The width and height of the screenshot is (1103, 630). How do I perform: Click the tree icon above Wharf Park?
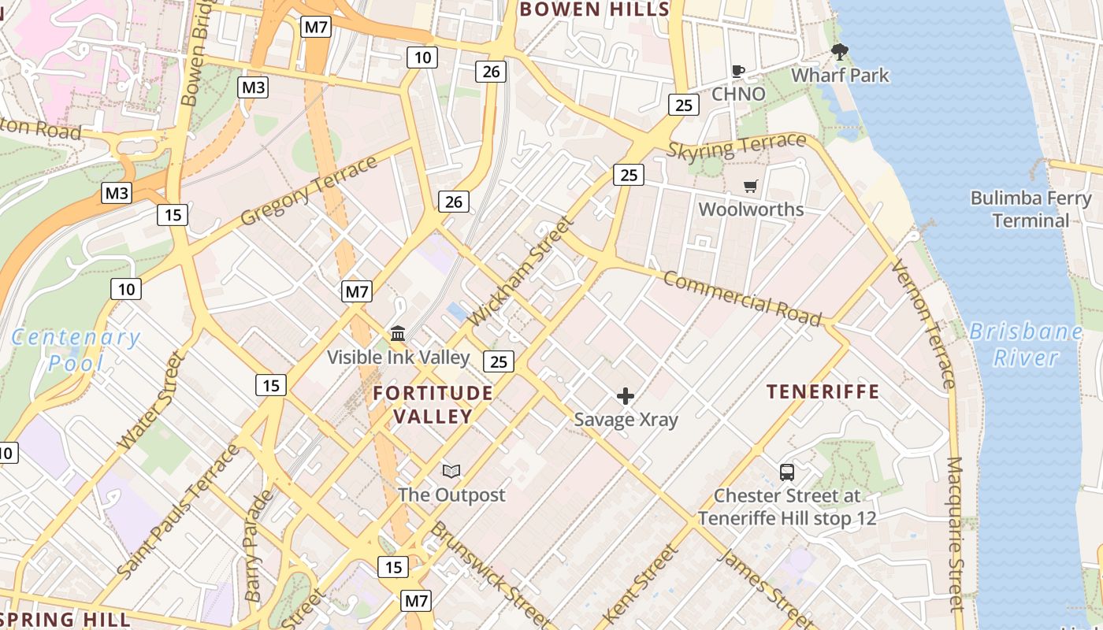point(840,53)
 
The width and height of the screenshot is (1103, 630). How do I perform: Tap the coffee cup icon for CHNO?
point(738,71)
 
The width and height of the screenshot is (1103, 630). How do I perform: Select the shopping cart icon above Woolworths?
point(751,187)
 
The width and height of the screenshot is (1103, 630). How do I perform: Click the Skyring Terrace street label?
point(737,146)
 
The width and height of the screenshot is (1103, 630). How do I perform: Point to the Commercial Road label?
point(741,298)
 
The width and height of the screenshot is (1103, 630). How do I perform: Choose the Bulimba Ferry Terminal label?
point(1031,209)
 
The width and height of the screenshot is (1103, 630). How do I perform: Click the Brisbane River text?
point(1025,344)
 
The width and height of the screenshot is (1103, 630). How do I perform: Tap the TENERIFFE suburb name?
point(823,391)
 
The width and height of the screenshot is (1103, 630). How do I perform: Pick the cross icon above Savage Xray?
point(626,395)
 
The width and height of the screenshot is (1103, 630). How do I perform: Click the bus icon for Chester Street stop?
point(786,472)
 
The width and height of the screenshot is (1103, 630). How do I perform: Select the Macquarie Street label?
point(955,533)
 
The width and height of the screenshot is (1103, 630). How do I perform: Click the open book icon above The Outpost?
point(451,471)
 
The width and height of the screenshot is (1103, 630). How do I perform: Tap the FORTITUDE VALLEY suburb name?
point(433,404)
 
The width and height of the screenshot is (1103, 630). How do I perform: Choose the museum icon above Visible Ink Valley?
point(398,333)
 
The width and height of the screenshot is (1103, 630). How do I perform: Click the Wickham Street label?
point(522,272)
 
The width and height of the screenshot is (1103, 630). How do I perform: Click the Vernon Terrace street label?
point(923,324)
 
